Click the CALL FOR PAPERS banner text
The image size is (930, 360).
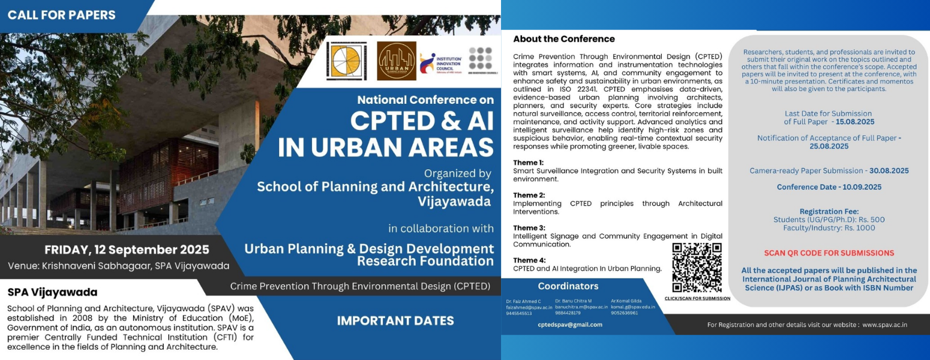click(62, 15)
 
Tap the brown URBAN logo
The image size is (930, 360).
click(397, 61)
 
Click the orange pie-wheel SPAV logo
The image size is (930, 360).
click(347, 61)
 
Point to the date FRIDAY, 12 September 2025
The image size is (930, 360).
click(127, 250)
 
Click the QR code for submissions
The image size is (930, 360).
click(697, 268)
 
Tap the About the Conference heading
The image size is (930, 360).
click(563, 39)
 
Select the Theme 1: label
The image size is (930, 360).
click(528, 163)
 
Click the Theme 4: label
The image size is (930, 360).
click(528, 260)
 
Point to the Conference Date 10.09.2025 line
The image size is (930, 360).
click(829, 187)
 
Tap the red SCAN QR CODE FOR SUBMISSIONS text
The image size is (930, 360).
click(829, 253)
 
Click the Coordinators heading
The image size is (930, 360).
click(568, 286)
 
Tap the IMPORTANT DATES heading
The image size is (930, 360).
click(395, 320)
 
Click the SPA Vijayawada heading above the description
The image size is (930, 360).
click(52, 293)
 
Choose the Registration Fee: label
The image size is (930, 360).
click(829, 211)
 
